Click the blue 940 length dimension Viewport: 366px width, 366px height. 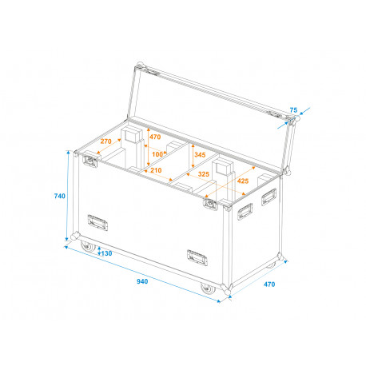pyautogui.click(x=142, y=281)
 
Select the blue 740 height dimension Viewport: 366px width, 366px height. pyautogui.click(x=59, y=196)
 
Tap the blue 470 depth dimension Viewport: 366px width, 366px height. pyautogui.click(x=269, y=284)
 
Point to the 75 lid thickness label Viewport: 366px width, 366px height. pyautogui.click(x=293, y=109)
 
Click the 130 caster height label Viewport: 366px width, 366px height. pyautogui.click(x=106, y=253)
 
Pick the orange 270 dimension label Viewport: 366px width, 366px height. pyautogui.click(x=105, y=141)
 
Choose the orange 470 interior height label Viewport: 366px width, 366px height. pyautogui.click(x=155, y=137)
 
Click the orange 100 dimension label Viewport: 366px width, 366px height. pyautogui.click(x=157, y=154)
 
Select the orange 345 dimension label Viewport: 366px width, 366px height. pyautogui.click(x=200, y=155)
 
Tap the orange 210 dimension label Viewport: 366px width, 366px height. pyautogui.click(x=156, y=170)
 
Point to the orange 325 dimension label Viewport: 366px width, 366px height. pyautogui.click(x=204, y=174)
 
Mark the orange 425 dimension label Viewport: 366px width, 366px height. pyautogui.click(x=243, y=181)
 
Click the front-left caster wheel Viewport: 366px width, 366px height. pyautogui.click(x=88, y=247)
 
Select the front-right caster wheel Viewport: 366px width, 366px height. pyautogui.click(x=208, y=288)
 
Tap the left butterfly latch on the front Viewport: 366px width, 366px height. pyautogui.click(x=90, y=161)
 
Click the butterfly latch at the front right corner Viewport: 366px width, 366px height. pyautogui.click(x=210, y=204)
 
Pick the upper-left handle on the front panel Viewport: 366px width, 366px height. pyautogui.click(x=97, y=222)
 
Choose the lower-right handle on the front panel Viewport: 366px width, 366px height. pyautogui.click(x=197, y=257)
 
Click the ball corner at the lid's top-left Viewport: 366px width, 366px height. pyautogui.click(x=140, y=66)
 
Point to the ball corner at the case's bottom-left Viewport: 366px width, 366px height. pyautogui.click(x=75, y=237)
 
